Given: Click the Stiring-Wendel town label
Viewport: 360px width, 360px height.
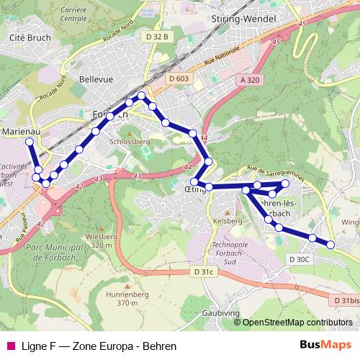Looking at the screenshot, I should point(240,18).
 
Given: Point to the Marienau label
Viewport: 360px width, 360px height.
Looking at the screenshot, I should point(22,132).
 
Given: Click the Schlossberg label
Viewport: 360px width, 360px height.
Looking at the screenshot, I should point(130,142).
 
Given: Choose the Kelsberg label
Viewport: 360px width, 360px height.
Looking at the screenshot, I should point(228,222).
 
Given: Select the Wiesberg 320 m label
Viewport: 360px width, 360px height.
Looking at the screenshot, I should point(101,240).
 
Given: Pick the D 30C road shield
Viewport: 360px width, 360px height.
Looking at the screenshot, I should point(298,259).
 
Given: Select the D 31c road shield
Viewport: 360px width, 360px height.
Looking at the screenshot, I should point(204,271).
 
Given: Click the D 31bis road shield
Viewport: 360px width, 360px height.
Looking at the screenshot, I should point(345,300).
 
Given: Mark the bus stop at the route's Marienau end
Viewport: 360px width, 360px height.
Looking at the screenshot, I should point(30,142).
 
